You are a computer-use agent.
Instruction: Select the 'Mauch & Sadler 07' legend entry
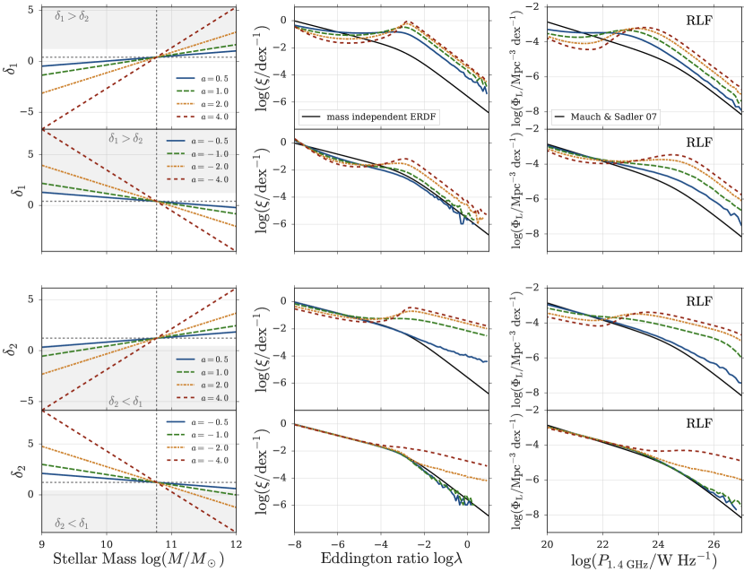point(618,117)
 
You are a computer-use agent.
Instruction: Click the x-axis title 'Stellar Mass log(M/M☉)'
point(138,560)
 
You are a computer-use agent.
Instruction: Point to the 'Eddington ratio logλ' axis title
point(386,560)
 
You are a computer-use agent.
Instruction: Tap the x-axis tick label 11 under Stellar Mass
point(172,543)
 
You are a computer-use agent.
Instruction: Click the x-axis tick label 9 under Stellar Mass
point(41,543)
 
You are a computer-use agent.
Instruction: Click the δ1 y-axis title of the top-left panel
point(11,65)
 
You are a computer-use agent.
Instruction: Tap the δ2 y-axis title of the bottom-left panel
point(11,472)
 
